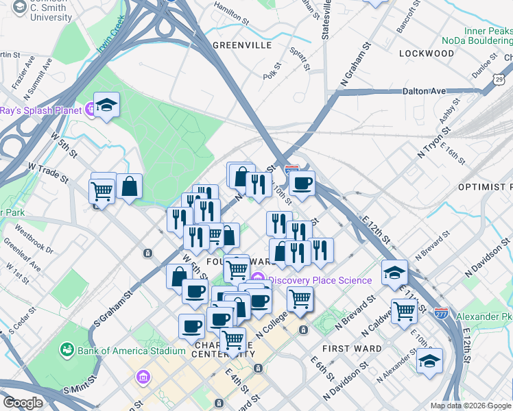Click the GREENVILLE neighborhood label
point(242,45)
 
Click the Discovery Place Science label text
point(320,280)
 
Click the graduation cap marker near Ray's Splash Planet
point(107,105)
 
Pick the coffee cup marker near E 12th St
point(302,183)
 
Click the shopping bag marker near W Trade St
point(129,186)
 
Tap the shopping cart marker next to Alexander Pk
point(405,310)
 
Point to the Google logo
point(23,403)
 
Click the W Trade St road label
point(48,172)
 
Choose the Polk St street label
point(275,71)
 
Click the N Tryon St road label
point(432,147)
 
